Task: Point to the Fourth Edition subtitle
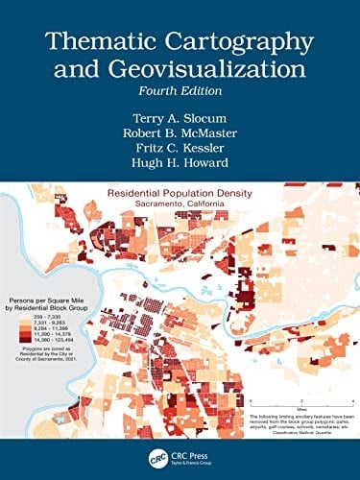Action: click(180, 92)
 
